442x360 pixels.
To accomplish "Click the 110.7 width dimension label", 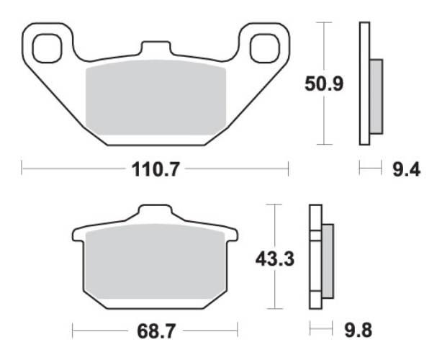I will tap(154, 171).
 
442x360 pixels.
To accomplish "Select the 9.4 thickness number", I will tap(405, 170).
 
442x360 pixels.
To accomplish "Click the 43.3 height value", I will tap(274, 257).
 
